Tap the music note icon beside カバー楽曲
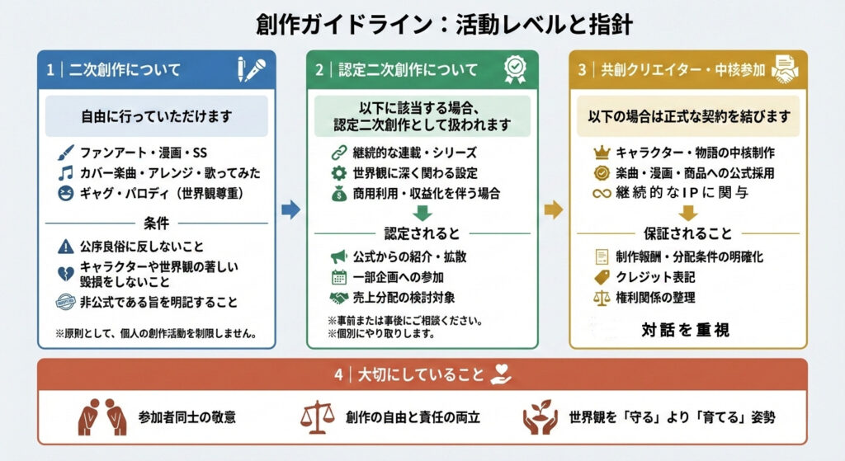[x=66, y=173]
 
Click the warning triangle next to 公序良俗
[x=66, y=246]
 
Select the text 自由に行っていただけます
[x=156, y=116]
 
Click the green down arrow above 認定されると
[x=422, y=214]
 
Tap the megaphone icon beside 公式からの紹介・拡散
[x=338, y=256]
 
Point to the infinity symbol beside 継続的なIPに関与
[x=602, y=194]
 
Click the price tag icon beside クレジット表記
[x=602, y=277]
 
